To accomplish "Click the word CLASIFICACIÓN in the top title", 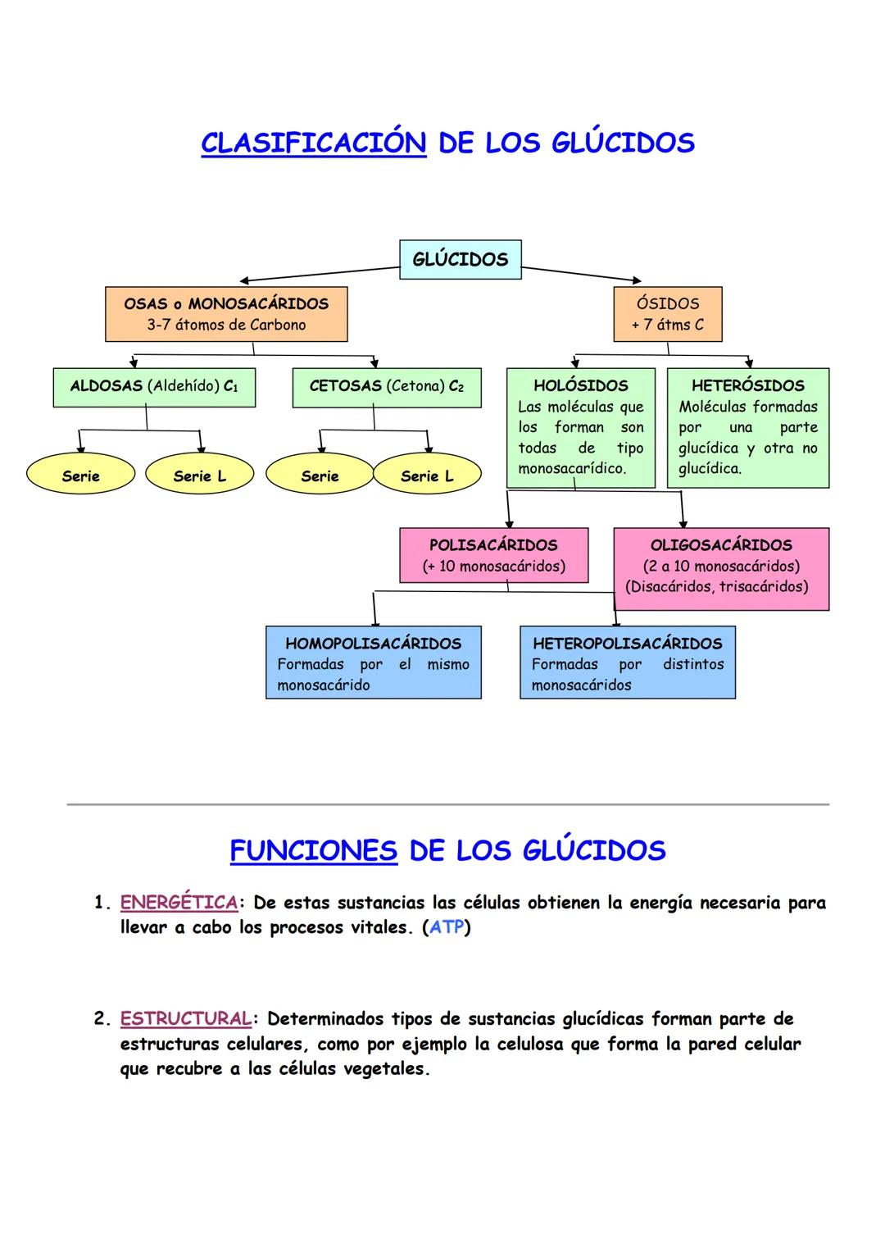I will (313, 143).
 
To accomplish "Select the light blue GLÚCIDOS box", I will (460, 259).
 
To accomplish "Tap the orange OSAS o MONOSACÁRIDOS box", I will (226, 314).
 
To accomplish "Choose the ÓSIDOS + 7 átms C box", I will (667, 314).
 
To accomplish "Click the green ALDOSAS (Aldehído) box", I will (154, 387).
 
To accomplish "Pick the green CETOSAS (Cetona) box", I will (386, 387).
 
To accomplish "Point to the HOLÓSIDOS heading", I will (580, 385).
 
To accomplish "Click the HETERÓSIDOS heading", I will (747, 385).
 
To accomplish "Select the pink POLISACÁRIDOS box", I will (493, 555).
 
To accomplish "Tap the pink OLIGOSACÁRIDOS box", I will (721, 568).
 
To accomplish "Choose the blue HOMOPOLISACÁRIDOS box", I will (373, 662).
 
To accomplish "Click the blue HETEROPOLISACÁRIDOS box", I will (627, 662).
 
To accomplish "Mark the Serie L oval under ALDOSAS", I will (199, 476).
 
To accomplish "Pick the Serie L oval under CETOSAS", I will (426, 476).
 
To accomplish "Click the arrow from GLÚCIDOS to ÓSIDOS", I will (581, 275).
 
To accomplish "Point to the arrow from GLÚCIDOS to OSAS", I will (320, 274).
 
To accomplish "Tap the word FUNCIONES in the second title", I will (313, 850).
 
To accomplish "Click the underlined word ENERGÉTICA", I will (179, 903).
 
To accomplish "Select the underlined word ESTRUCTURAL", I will (185, 1019).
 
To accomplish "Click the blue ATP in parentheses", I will (447, 927).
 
